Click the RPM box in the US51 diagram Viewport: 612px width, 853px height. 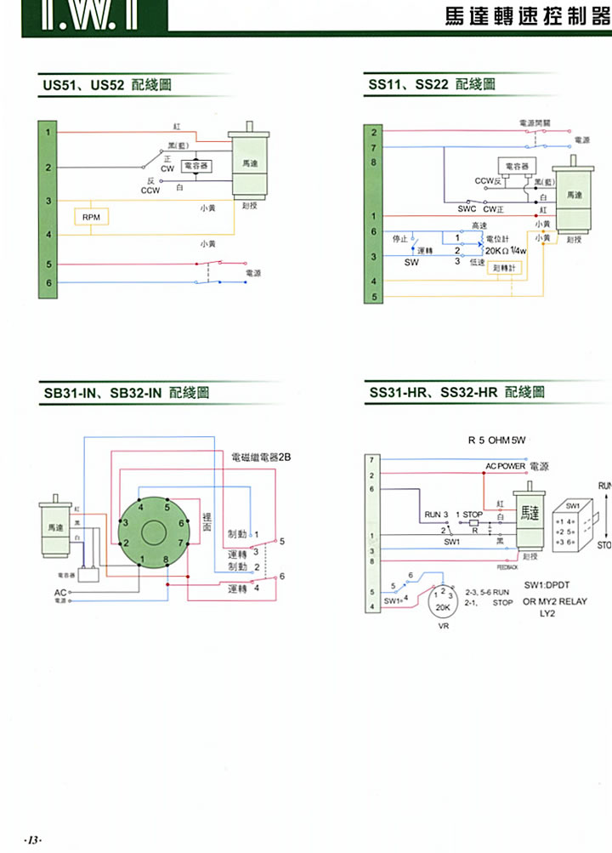90,218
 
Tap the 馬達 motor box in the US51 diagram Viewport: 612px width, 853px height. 251,163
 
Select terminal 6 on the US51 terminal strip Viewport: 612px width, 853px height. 48,282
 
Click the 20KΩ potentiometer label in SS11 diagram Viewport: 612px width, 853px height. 507,250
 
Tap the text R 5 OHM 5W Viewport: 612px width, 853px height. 497,441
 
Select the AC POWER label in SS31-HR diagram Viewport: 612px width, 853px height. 506,467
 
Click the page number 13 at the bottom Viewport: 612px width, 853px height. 32,840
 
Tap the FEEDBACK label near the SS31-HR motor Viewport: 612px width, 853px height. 507,566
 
